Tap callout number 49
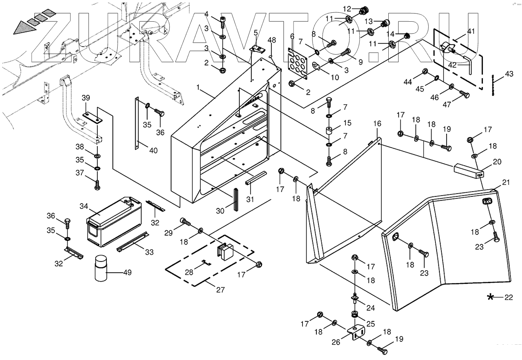coord(127,273)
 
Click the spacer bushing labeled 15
coord(329,132)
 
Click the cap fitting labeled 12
coord(363,10)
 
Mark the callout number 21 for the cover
coord(506,182)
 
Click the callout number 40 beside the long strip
coord(153,150)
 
